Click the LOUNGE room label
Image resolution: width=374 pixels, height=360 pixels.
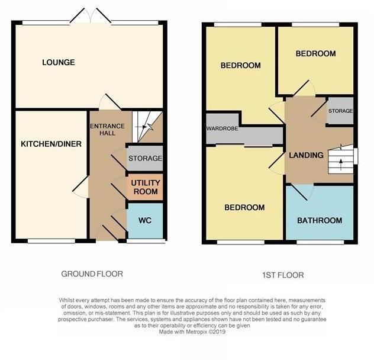pyautogui.click(x=58, y=62)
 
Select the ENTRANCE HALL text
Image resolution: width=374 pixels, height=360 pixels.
pyautogui.click(x=107, y=129)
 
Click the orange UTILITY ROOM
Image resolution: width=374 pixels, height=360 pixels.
pyautogui.click(x=145, y=188)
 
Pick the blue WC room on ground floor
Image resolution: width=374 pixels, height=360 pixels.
pyautogui.click(x=146, y=220)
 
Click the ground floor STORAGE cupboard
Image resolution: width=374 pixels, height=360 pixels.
pyautogui.click(x=145, y=159)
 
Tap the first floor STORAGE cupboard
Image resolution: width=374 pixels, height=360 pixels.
pyautogui.click(x=340, y=111)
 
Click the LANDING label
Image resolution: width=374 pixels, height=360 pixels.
pyautogui.click(x=306, y=156)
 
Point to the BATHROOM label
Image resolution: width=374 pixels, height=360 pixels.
pyautogui.click(x=320, y=221)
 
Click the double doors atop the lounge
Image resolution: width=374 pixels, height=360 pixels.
pyautogui.click(x=90, y=17)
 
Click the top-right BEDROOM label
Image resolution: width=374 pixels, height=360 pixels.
pyautogui.click(x=315, y=54)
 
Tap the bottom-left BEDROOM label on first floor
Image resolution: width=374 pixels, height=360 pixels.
pyautogui.click(x=244, y=208)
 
